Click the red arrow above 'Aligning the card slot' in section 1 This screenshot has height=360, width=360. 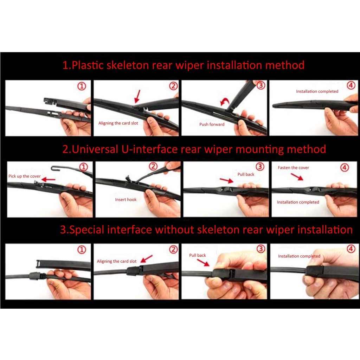click(137, 96)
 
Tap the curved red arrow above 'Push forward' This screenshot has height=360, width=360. click(225, 101)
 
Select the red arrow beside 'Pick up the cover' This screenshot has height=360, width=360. click(49, 179)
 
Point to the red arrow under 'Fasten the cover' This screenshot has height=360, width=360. click(297, 176)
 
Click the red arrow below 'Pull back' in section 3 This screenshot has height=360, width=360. click(203, 262)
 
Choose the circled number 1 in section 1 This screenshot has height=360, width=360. click(82, 86)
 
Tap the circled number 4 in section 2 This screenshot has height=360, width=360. click(345, 167)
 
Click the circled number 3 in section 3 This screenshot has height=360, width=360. click(261, 249)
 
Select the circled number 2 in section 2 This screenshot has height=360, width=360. click(153, 166)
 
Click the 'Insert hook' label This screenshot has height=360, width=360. click(126, 200)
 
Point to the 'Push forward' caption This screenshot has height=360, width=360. click(212, 124)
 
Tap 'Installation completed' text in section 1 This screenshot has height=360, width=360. click(317, 91)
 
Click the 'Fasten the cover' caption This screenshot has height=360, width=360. click(294, 168)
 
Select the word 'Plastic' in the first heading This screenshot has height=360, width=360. click(88, 65)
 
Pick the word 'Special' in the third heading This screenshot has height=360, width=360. click(87, 230)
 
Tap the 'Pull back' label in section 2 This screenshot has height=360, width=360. click(246, 174)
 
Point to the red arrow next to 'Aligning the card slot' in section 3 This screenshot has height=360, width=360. click(147, 258)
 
